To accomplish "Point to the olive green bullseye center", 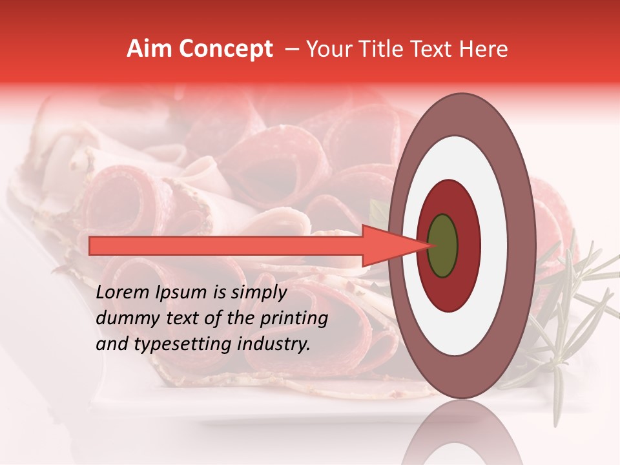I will pos(442,245).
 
